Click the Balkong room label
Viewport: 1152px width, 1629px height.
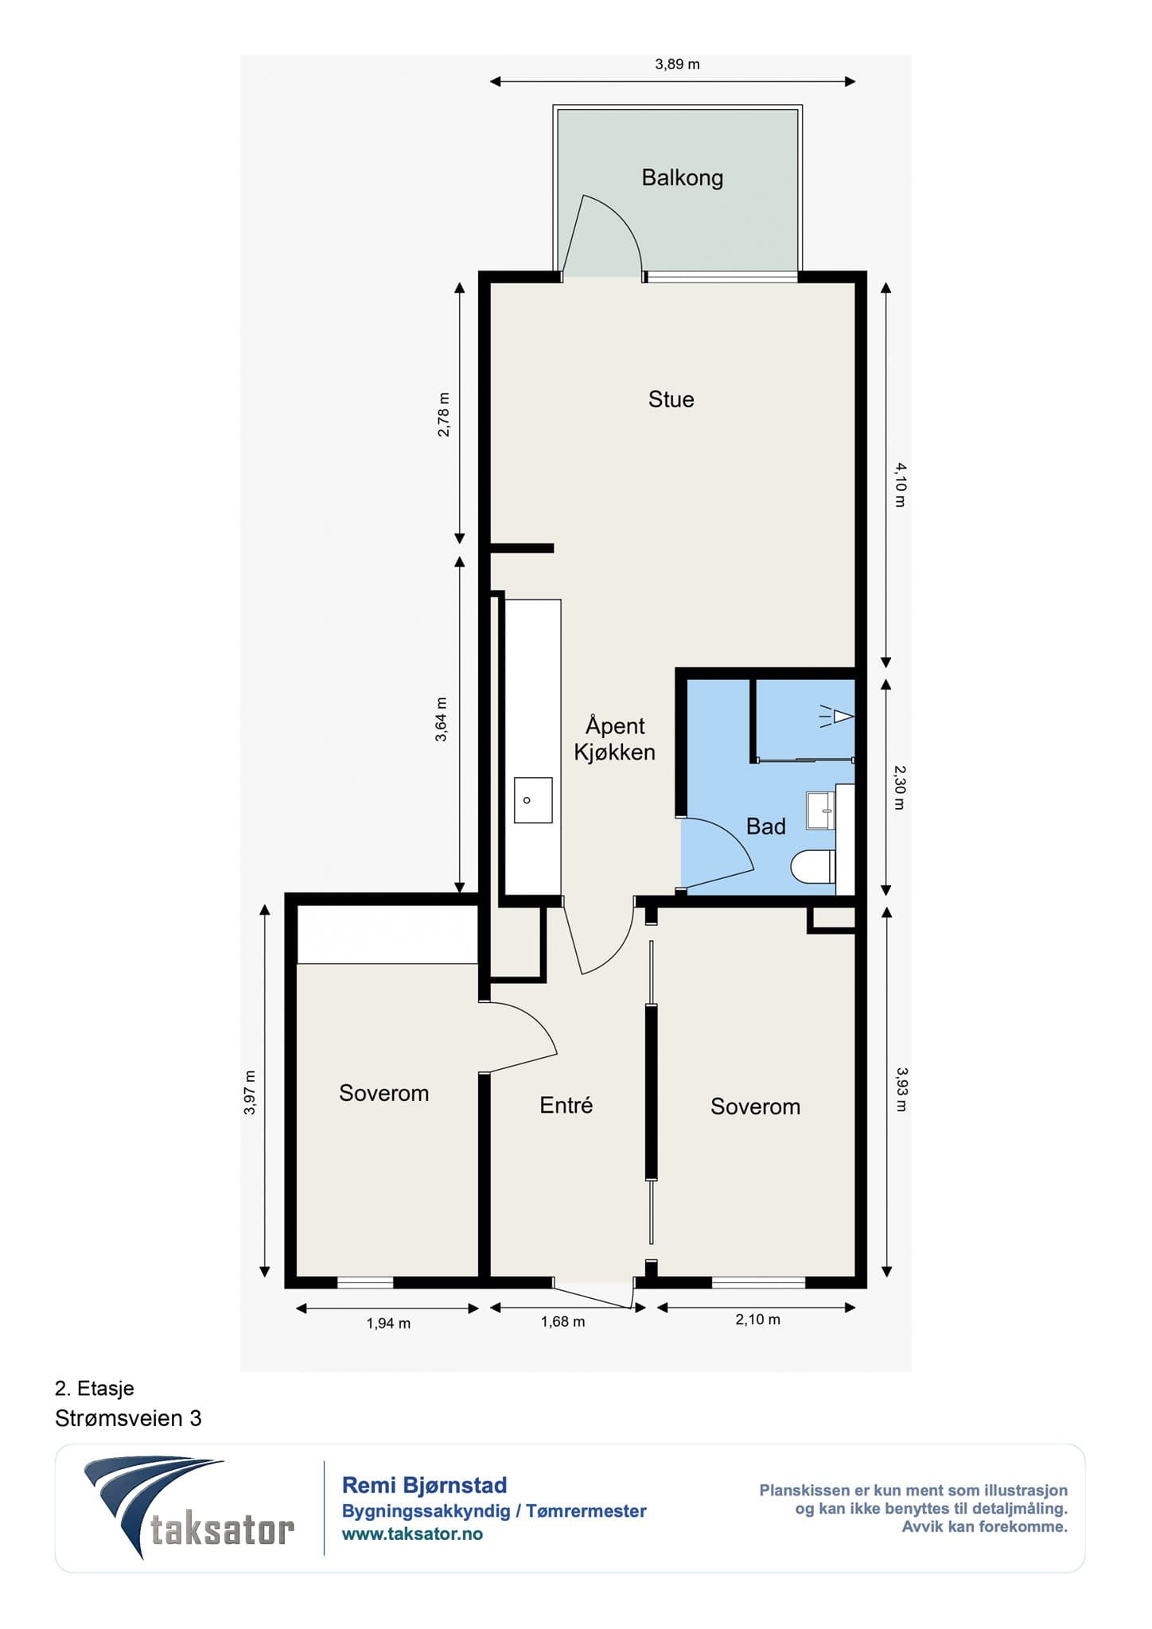(682, 177)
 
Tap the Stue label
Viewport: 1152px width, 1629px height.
(671, 399)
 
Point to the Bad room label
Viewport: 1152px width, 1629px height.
(765, 826)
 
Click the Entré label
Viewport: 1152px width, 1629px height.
(566, 1105)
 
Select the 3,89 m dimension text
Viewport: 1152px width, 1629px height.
(677, 64)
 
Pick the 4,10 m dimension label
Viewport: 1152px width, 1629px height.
(900, 484)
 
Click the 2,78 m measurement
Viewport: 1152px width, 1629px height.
(444, 414)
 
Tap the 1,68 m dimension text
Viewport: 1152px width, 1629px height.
(562, 1321)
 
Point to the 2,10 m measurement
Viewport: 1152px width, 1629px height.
(757, 1319)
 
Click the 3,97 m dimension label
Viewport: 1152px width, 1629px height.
(250, 1092)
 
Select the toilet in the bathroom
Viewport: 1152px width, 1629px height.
(812, 867)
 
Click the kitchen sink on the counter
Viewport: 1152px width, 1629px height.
(533, 800)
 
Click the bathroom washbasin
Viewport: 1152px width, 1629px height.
(820, 811)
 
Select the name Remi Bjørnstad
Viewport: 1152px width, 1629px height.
(424, 1485)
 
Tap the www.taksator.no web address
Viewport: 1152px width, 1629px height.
(412, 1534)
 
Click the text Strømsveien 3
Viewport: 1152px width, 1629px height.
(128, 1418)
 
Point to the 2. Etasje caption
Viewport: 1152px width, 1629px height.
(95, 1388)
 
